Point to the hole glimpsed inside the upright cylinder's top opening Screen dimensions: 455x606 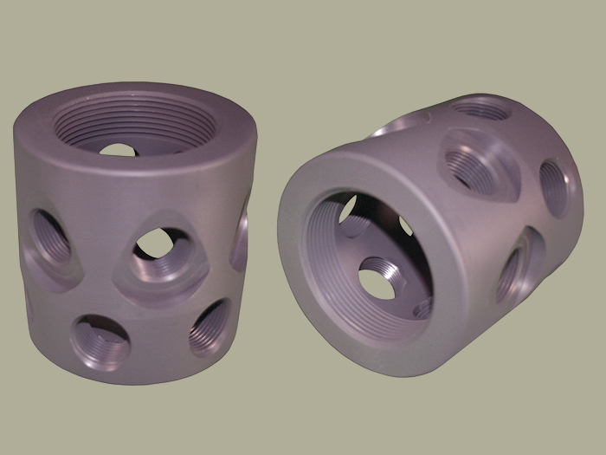pos(117,149)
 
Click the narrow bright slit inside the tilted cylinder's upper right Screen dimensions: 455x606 pos(406,226)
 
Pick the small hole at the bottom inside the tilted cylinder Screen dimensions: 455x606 pos(422,307)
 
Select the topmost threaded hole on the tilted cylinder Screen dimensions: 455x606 pos(481,109)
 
